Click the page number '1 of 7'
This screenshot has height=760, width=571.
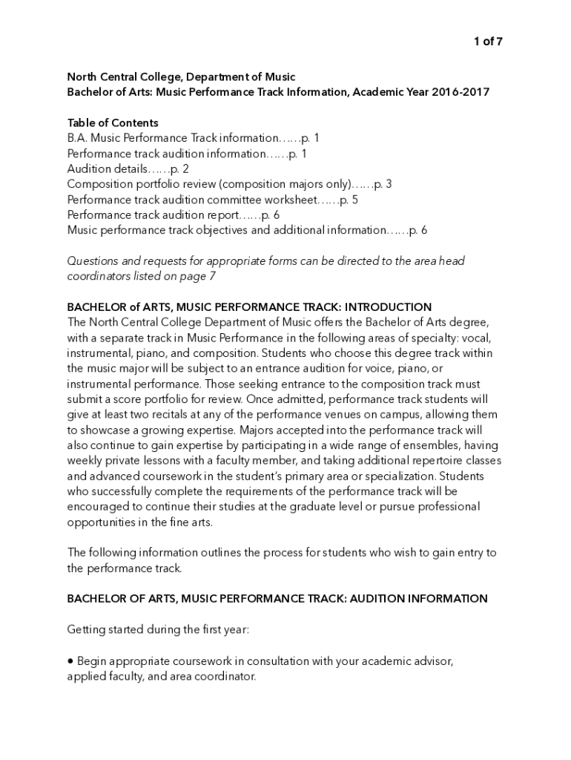point(488,42)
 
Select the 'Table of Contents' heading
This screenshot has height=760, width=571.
point(113,122)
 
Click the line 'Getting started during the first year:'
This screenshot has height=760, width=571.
point(159,629)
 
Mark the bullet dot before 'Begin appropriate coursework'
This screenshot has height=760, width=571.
point(71,661)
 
